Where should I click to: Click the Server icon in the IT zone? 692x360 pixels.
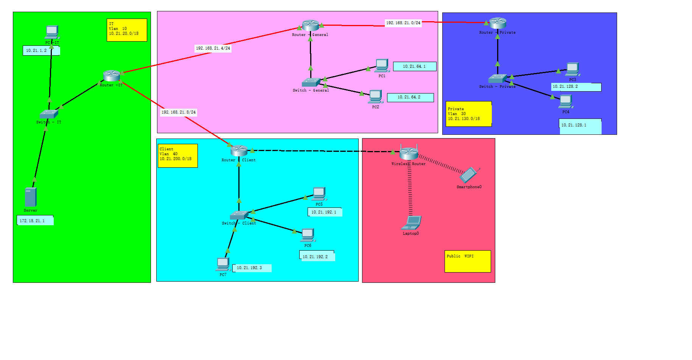[x=31, y=197]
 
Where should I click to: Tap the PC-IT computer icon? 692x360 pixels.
[x=51, y=32]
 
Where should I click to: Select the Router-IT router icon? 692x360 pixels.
[x=112, y=76]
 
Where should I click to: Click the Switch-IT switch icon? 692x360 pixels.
[x=49, y=114]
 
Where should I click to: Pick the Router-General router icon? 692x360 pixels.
[x=311, y=25]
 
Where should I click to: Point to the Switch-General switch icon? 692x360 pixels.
[x=311, y=82]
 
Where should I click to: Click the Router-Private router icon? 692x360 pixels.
[x=498, y=23]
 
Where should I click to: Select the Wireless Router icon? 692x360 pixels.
[x=409, y=153]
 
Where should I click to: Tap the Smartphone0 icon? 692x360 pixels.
[x=469, y=175]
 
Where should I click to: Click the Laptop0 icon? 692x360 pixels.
[x=411, y=223]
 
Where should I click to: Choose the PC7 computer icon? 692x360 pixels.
[x=223, y=264]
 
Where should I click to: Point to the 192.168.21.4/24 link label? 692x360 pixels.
[x=213, y=48]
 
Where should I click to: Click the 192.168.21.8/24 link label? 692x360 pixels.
[x=179, y=112]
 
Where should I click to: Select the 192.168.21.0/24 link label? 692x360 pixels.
[x=403, y=23]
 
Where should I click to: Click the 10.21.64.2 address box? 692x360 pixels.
[x=410, y=98]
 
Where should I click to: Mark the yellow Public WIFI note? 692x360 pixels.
[x=468, y=261]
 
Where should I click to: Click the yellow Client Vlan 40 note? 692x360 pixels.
[x=177, y=156]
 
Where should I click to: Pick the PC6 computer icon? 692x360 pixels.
[x=308, y=235]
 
